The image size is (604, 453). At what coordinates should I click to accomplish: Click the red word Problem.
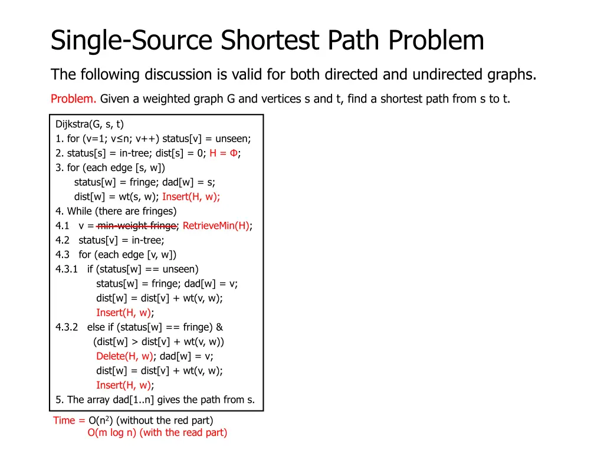click(x=73, y=99)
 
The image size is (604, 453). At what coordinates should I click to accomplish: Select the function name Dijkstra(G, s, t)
click(x=90, y=124)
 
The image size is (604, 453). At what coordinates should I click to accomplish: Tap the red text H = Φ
click(x=224, y=153)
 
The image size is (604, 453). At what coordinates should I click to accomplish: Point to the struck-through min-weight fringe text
click(x=137, y=226)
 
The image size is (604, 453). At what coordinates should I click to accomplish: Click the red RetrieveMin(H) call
click(x=216, y=226)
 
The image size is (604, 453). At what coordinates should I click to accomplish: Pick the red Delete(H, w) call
click(x=124, y=356)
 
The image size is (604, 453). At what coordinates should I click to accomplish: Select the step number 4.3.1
click(x=67, y=270)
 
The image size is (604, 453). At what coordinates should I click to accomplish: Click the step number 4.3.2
click(x=67, y=327)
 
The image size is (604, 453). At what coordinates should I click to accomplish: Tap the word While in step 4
click(x=80, y=211)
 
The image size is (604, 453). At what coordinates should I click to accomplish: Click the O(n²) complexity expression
click(x=101, y=421)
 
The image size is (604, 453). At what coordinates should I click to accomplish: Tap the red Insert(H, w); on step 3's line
click(x=191, y=197)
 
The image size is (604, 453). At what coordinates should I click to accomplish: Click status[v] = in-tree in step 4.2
click(x=122, y=241)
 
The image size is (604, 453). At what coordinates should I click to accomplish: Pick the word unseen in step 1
click(x=232, y=139)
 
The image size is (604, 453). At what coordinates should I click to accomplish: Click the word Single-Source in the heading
click(x=132, y=41)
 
